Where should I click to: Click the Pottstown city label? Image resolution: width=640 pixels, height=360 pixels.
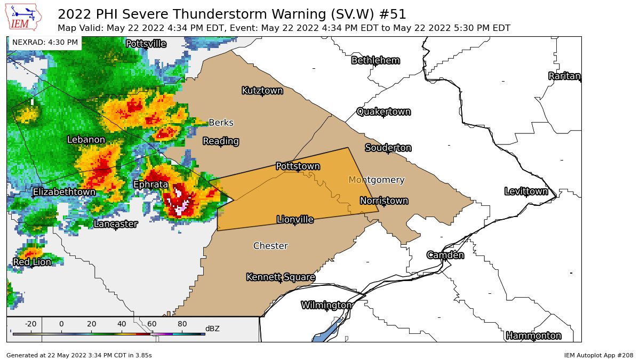coord(298,166)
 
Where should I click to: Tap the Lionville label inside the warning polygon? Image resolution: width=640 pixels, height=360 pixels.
coord(295,219)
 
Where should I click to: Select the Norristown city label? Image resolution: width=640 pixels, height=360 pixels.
coord(383,201)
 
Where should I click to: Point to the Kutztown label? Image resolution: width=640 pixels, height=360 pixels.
coord(262,91)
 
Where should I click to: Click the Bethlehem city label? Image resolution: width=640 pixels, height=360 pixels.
coord(375,60)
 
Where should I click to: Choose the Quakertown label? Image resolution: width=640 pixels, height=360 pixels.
coord(383,111)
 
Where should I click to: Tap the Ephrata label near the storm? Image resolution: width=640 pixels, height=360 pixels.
coord(150,185)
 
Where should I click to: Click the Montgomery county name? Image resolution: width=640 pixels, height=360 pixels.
coord(376,180)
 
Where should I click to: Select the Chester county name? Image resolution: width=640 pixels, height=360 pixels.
coord(270,246)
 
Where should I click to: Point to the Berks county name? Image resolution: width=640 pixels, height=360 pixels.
coord(221,123)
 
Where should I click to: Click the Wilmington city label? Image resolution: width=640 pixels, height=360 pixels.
coord(326,305)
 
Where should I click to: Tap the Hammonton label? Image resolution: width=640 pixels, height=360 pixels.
coord(533,335)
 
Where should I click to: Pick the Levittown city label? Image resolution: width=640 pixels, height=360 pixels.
coord(526,191)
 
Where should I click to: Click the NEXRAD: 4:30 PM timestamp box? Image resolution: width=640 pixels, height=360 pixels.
coord(45,42)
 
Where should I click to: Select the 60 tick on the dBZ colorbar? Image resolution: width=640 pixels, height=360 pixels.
coord(152,324)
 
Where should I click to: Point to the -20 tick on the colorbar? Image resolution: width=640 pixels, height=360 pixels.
coord(30,324)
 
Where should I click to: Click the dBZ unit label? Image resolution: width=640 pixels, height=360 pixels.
coord(212,329)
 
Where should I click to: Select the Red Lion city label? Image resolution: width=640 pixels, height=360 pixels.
coord(32,262)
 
